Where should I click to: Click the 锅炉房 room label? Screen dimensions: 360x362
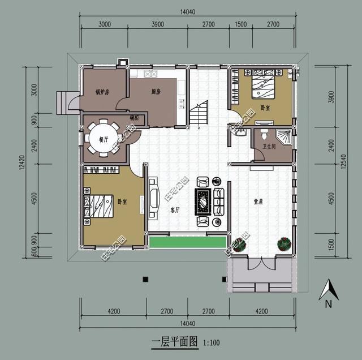[x=102, y=92]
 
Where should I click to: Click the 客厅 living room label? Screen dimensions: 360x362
[x=175, y=209]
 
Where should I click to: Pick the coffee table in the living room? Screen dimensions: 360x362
[x=202, y=201]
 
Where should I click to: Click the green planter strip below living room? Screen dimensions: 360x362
[x=187, y=242]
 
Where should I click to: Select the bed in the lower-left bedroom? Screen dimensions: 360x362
[x=100, y=205]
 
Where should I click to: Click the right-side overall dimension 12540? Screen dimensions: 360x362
[x=343, y=164]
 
